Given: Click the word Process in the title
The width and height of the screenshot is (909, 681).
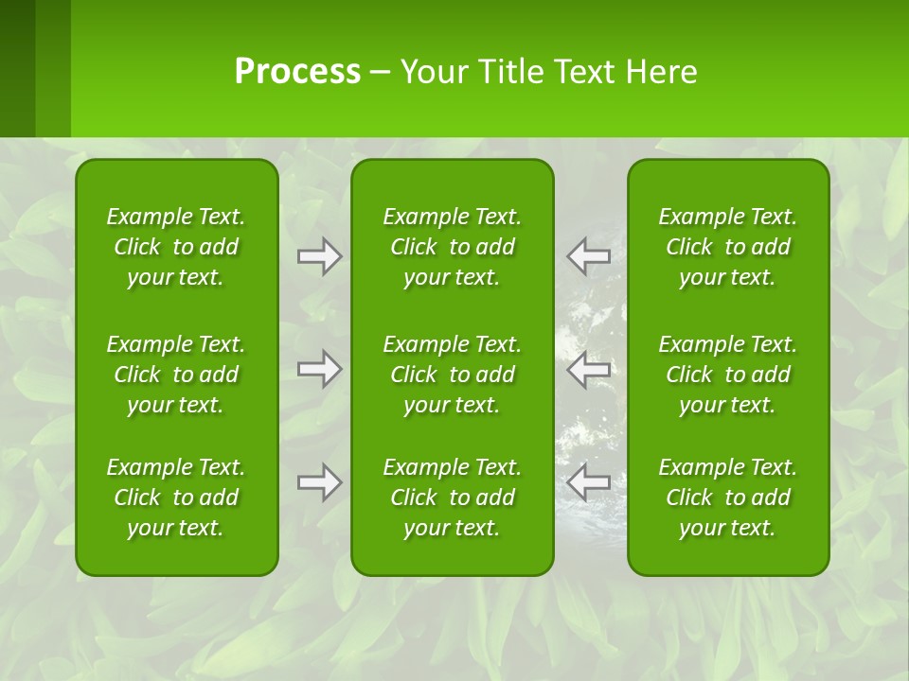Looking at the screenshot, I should (x=297, y=72).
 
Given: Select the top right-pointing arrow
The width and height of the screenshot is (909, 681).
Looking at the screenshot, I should (x=320, y=256).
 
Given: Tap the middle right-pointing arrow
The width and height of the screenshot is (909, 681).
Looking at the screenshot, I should (x=320, y=369).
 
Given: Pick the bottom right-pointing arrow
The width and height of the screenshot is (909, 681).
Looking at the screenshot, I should (x=320, y=483).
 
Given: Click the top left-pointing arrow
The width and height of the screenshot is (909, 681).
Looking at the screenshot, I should (x=588, y=256).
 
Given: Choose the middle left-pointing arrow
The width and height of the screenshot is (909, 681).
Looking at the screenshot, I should (x=588, y=369).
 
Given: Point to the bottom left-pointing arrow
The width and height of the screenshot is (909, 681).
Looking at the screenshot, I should (x=588, y=483).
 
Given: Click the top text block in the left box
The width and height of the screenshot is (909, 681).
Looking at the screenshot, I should (x=176, y=247).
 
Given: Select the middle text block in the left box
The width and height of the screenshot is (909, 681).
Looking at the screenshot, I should (x=176, y=375).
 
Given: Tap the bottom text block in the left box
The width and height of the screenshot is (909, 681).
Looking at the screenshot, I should (x=176, y=498).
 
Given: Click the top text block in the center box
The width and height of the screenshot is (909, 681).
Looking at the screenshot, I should (x=453, y=247).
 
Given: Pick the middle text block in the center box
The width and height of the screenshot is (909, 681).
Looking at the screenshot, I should (x=453, y=375).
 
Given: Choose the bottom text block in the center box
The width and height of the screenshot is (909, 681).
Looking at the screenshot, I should (x=453, y=498).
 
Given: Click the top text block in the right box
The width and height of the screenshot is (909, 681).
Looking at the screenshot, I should (x=728, y=247).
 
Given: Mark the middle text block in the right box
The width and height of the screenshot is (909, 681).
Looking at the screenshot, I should (x=728, y=375).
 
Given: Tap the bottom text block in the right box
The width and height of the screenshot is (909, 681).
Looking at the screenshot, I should (x=728, y=498).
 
